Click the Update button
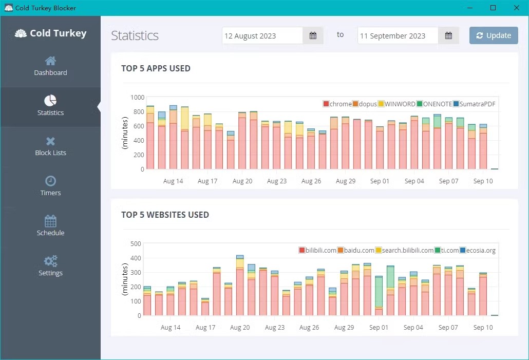(x=494, y=35)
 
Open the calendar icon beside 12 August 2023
(x=313, y=35)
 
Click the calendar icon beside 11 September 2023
(x=448, y=35)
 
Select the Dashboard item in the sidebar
(x=50, y=66)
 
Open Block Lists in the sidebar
(x=50, y=146)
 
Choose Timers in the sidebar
(x=50, y=186)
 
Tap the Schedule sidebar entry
(x=50, y=226)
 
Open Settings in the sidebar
(x=50, y=267)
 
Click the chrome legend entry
(x=337, y=104)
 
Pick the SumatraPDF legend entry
(x=474, y=104)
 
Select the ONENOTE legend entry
(x=434, y=104)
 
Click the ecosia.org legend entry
(x=477, y=250)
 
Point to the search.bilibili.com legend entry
(x=404, y=250)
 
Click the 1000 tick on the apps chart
(x=137, y=97)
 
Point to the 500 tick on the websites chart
(x=136, y=243)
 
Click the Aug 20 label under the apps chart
(x=242, y=181)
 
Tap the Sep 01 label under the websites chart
(x=379, y=327)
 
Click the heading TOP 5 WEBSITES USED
(x=165, y=215)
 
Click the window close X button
(x=517, y=8)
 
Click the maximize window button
(x=493, y=8)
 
